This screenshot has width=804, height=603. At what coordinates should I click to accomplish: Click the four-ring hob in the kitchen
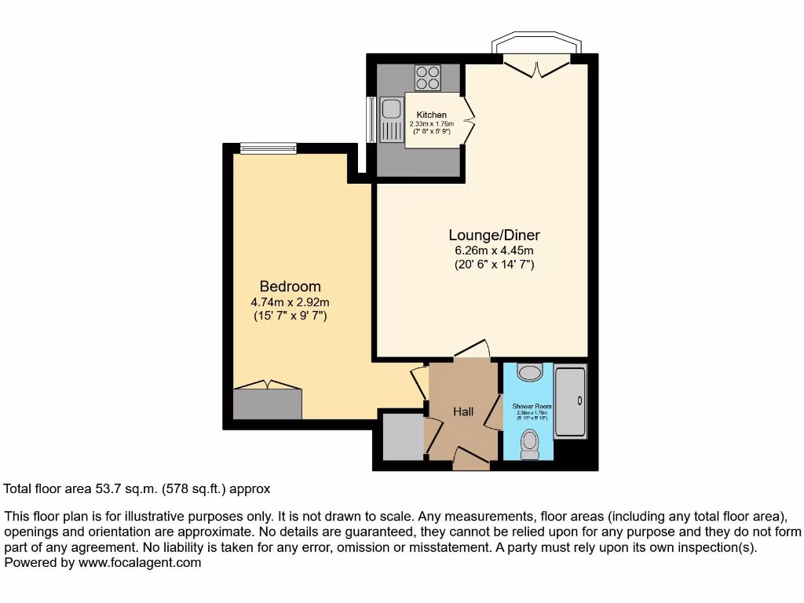tap(427, 78)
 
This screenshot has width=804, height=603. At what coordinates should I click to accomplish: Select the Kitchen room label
tap(431, 115)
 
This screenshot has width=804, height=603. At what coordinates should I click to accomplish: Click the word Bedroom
tap(290, 287)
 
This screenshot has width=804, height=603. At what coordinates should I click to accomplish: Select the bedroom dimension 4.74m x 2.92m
tap(290, 301)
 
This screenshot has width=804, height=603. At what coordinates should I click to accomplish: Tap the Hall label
tap(463, 411)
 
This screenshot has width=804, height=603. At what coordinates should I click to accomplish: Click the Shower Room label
tap(532, 407)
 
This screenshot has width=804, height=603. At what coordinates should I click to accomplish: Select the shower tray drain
tap(579, 401)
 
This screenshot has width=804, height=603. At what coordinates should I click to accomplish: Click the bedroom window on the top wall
tap(268, 148)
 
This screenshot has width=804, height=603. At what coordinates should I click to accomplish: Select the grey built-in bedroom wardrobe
tap(267, 404)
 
